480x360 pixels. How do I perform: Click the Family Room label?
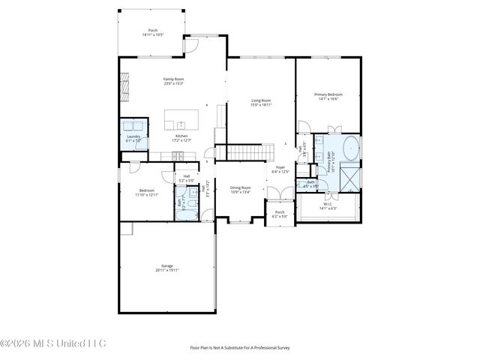[x=174, y=79]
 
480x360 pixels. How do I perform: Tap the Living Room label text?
[x=260, y=100]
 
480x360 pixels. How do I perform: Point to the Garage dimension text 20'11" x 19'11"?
[x=167, y=270]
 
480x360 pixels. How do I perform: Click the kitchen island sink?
[x=181, y=124]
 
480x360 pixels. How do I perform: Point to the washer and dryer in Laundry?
[x=133, y=125]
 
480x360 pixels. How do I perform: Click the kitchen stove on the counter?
[x=178, y=155]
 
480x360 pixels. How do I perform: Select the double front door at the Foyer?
[x=280, y=201]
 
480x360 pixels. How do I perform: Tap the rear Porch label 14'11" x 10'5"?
[x=153, y=31]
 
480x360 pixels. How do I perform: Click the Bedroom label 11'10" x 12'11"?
[x=147, y=192]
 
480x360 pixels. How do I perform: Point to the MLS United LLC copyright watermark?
[x=53, y=343]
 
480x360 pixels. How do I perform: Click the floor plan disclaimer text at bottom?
[x=239, y=348]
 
